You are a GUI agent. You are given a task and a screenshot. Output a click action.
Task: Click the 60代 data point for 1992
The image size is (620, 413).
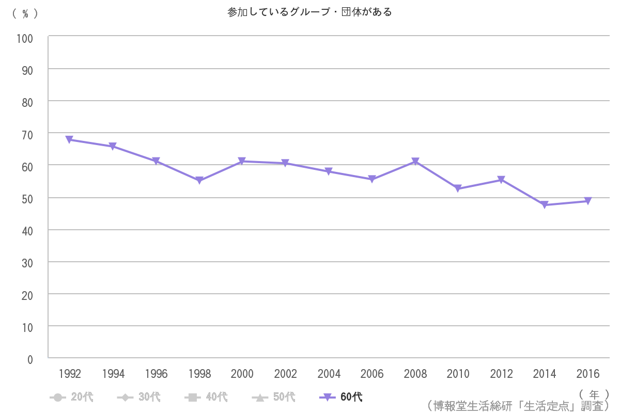point(70,139)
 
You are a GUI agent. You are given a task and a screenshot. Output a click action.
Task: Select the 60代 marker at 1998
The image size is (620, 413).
point(199,180)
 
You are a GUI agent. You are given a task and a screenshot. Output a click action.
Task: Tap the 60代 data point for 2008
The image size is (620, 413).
point(415,162)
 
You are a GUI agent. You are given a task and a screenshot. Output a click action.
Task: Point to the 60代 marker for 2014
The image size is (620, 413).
point(545,205)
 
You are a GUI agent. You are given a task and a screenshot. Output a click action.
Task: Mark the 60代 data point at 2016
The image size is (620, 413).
point(588,201)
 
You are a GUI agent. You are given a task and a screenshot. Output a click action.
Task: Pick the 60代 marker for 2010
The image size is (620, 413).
point(458,188)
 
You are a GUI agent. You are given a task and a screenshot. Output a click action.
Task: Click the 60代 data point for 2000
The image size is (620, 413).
point(242,162)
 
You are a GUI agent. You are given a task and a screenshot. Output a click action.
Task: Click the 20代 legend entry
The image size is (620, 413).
point(72,397)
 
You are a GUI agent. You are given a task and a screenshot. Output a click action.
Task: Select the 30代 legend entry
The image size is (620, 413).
point(139,397)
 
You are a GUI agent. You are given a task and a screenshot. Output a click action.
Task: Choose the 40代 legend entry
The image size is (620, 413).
point(206,397)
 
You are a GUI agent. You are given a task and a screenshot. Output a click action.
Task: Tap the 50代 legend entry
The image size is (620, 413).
point(274,397)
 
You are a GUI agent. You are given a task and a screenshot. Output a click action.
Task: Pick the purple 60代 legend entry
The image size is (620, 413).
point(341,397)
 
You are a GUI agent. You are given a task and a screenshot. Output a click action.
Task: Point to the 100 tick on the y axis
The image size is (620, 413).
point(25,38)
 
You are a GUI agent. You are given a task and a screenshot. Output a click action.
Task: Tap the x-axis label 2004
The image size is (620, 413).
point(329,374)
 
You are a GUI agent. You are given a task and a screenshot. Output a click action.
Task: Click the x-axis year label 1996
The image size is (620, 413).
point(156,374)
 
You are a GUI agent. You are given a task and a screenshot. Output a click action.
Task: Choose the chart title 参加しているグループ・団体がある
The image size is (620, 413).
point(309,12)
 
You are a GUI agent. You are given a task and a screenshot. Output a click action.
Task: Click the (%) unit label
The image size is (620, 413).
point(25,14)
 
